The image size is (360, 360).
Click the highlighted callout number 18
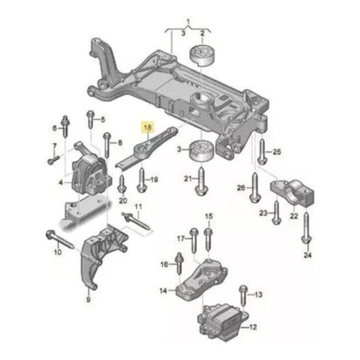pyautogui.click(x=148, y=127)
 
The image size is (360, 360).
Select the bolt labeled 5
pyautogui.click(x=91, y=120)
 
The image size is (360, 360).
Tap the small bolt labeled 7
pyautogui.click(x=53, y=160)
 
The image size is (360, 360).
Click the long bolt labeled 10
pyautogui.click(x=60, y=239)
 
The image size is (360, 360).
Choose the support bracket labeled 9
pyautogui.click(x=103, y=256)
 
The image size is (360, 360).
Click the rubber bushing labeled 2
pyautogui.click(x=202, y=55)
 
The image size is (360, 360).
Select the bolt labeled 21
pyautogui.click(x=202, y=181)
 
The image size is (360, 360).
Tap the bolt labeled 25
pyautogui.click(x=262, y=151)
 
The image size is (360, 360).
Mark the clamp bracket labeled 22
pyautogui.click(x=292, y=193)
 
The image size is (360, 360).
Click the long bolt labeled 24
pyautogui.click(x=306, y=228)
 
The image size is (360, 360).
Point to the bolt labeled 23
pyautogui.click(x=276, y=212)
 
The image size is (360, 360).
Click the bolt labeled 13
pyautogui.click(x=243, y=295)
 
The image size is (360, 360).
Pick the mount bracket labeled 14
pyautogui.click(x=202, y=280)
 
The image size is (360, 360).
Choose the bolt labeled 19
pyautogui.click(x=141, y=180)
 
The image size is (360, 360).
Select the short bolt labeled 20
pyautogui.click(x=122, y=184)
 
